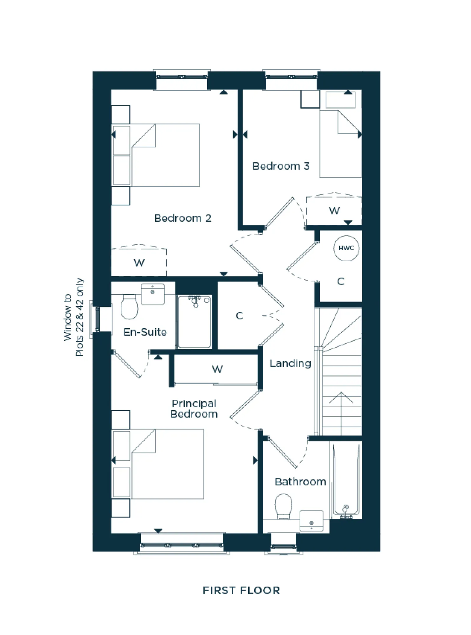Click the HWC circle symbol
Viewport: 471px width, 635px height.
pyautogui.click(x=346, y=248)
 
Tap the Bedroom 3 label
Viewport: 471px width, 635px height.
pyautogui.click(x=281, y=166)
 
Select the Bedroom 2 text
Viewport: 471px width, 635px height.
pyautogui.click(x=183, y=218)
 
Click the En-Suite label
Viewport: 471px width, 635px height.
pyautogui.click(x=145, y=332)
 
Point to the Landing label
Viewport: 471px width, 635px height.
pyautogui.click(x=290, y=364)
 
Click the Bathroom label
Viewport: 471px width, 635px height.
pyautogui.click(x=300, y=482)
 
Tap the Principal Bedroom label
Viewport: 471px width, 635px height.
pyautogui.click(x=194, y=409)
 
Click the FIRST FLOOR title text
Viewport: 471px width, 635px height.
pyautogui.click(x=241, y=591)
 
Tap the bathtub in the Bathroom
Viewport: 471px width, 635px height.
pyautogui.click(x=346, y=479)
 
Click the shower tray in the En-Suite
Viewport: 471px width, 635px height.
pyautogui.click(x=194, y=322)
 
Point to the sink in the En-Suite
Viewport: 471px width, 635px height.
pyautogui.click(x=153, y=294)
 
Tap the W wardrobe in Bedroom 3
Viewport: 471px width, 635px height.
pyautogui.click(x=334, y=211)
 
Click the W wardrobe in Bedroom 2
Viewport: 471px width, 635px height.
pyautogui.click(x=139, y=263)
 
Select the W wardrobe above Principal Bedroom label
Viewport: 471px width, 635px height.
pyautogui.click(x=217, y=369)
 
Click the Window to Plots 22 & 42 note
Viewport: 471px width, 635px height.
pyautogui.click(x=74, y=317)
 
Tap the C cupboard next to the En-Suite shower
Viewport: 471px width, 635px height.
pyautogui.click(x=239, y=316)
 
